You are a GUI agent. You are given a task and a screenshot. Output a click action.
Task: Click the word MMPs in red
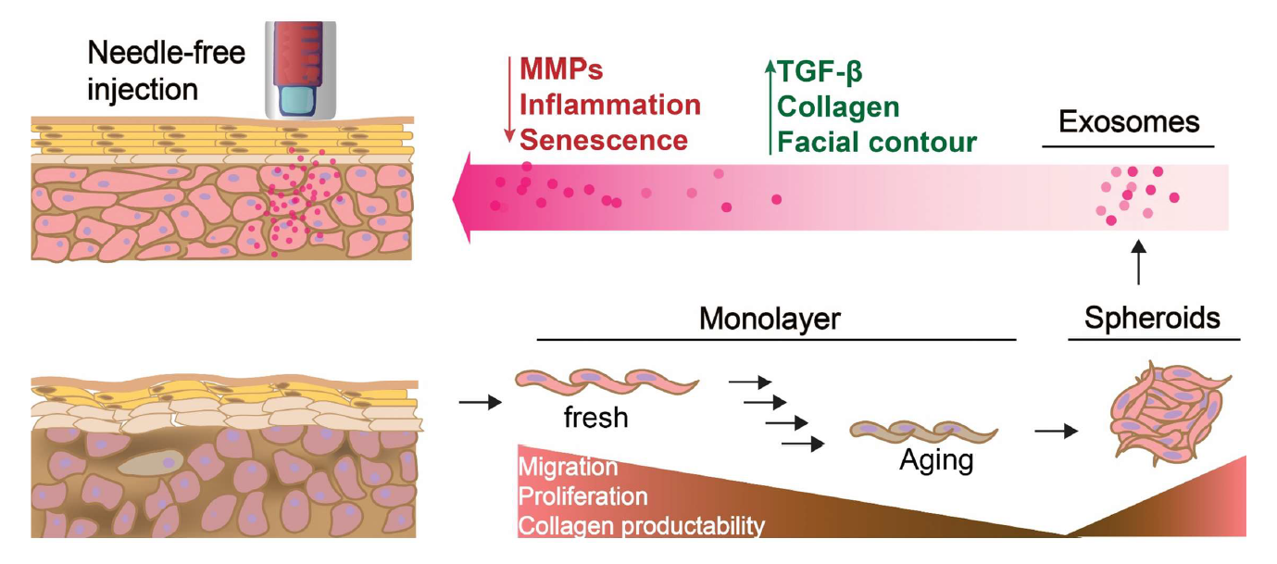click(x=561, y=70)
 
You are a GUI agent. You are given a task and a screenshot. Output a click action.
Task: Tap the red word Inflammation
click(x=609, y=105)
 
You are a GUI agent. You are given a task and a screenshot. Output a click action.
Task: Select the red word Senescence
click(x=603, y=141)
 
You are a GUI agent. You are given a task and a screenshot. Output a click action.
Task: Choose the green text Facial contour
click(x=877, y=142)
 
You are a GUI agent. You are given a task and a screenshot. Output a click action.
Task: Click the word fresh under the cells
click(x=595, y=418)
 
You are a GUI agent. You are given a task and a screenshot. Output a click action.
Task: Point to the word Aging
click(x=936, y=459)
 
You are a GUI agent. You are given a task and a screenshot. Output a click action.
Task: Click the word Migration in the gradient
click(x=568, y=466)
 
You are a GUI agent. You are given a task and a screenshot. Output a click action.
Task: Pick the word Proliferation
click(x=582, y=496)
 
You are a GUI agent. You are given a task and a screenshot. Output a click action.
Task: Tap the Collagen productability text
click(x=642, y=527)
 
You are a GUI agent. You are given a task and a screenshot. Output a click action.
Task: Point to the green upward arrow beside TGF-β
click(x=768, y=105)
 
